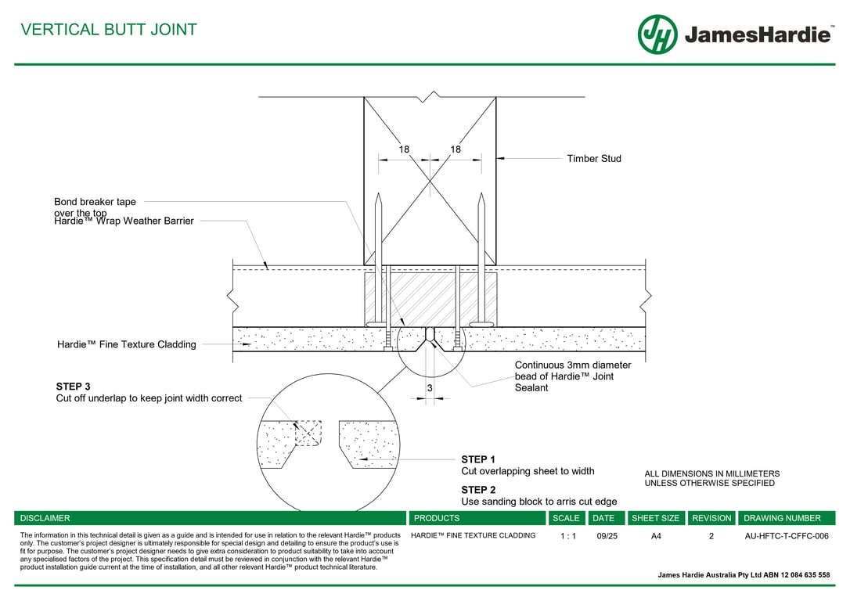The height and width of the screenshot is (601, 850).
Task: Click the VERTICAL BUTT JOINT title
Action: pos(109,30)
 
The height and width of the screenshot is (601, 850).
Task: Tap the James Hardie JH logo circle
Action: pos(657,34)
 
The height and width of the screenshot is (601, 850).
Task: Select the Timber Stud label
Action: pos(594,159)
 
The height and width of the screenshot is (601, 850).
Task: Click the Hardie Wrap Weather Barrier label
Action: pos(124,221)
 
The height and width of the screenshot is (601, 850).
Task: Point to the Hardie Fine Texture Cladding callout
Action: pos(127,344)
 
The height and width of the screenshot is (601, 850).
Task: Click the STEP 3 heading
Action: pos(73,387)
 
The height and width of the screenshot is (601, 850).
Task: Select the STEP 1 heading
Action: pos(478,459)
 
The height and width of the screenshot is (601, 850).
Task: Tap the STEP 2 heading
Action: pos(478,490)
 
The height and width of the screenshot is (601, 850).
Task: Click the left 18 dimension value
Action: pos(404,149)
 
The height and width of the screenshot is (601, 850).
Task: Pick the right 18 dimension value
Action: pos(456,149)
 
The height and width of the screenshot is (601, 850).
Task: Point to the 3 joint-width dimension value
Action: pos(430,388)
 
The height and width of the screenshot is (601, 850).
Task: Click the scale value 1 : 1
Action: pos(568,536)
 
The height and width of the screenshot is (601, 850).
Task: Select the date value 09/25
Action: pos(607,536)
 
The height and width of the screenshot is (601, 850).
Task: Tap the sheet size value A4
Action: pos(656,536)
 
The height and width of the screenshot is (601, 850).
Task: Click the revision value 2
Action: pos(711,536)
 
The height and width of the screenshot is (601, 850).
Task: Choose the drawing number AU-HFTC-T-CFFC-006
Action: pos(786,536)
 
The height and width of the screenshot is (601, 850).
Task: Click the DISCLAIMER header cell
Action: pos(45,518)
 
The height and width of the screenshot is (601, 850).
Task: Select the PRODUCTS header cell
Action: pos(437,518)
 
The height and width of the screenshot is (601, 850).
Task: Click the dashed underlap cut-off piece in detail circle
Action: pos(308,434)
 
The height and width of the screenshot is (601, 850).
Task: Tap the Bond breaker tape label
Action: pos(95,202)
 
